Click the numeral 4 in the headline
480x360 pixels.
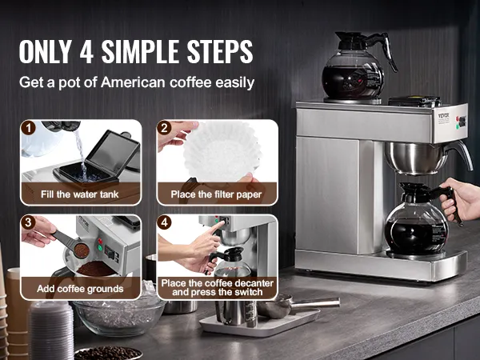click(x=87, y=51)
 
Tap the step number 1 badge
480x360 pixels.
click(x=28, y=128)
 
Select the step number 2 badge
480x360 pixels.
click(x=164, y=128)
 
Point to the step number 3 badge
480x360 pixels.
click(x=28, y=222)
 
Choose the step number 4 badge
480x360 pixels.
click(x=164, y=222)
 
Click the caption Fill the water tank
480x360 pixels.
click(x=79, y=194)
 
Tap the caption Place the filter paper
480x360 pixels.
click(x=216, y=194)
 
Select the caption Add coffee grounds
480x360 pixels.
click(x=80, y=289)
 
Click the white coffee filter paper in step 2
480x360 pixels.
click(x=222, y=152)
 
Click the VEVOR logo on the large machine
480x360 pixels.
click(x=443, y=116)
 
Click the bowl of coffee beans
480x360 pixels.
click(x=108, y=354)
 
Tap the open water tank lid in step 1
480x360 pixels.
click(x=114, y=152)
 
